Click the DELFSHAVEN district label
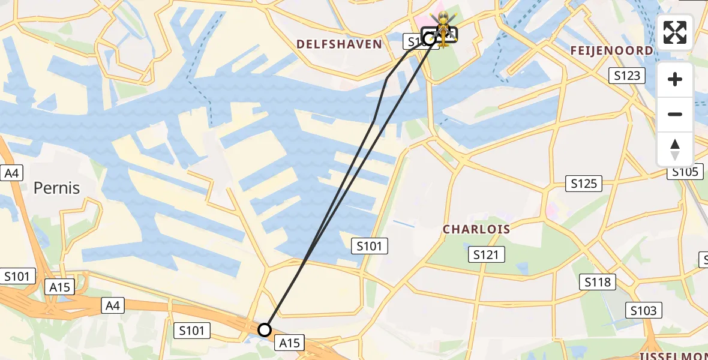click(339, 44)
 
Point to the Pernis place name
click(56, 188)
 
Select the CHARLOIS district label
click(476, 229)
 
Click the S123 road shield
click(627, 76)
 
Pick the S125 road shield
click(584, 184)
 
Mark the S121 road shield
click(486, 254)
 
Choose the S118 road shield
click(598, 282)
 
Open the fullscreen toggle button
click(675, 32)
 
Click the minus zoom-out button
click(675, 114)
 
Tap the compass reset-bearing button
click(675, 149)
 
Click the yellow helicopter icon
click(443, 28)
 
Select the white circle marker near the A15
click(265, 329)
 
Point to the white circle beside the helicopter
click(430, 39)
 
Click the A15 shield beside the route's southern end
click(289, 343)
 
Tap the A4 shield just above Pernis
click(12, 173)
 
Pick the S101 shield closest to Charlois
click(370, 245)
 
